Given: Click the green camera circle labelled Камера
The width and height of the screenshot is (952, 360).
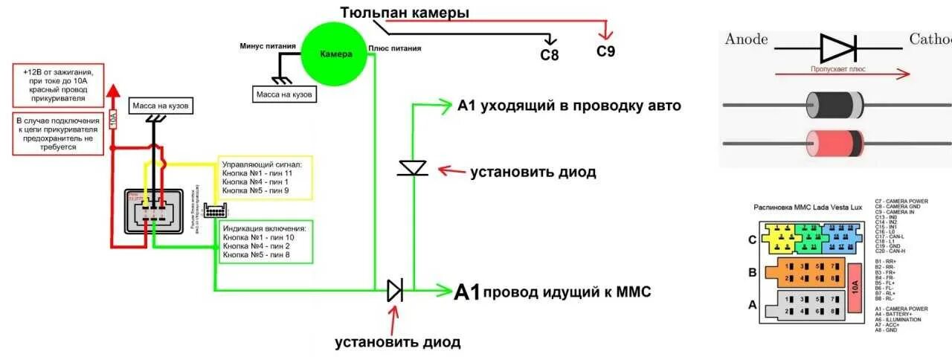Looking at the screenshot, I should click(335, 54).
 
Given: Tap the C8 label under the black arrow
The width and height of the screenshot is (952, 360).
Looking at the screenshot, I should click(549, 54).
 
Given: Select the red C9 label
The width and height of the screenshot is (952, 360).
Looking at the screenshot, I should click(606, 51).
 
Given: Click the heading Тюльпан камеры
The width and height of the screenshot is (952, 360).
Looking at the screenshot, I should click(405, 13).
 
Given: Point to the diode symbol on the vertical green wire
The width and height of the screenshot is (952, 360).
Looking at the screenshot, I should click(412, 167).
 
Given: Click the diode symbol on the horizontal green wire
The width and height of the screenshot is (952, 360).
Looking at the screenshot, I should click(394, 290).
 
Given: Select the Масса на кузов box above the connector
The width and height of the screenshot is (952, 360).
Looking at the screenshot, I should click(161, 107).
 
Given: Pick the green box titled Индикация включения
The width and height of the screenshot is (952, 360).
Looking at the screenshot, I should click(266, 241).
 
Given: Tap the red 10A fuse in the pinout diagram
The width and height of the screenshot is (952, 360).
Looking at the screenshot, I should click(854, 283).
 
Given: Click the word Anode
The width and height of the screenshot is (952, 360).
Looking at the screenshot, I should click(746, 39).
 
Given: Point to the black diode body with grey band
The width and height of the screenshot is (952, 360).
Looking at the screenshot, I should click(835, 105).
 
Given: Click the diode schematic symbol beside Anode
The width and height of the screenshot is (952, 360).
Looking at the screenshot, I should click(839, 48).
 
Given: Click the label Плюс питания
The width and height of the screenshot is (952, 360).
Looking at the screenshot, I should click(395, 48).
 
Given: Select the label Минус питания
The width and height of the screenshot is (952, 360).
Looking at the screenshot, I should click(268, 45).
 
